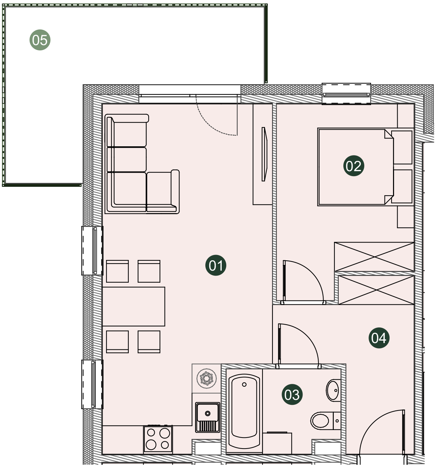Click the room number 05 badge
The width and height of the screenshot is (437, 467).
tap(40, 40)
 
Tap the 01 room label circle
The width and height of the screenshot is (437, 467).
tap(216, 265)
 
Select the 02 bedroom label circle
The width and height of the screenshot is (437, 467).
tap(354, 166)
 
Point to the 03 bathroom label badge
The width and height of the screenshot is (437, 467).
tap(292, 395)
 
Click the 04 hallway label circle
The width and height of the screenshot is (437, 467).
tap(379, 338)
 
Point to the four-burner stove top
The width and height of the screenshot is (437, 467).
tap(158, 439)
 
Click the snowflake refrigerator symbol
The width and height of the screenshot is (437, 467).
tap(206, 379)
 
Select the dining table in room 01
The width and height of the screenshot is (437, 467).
tap(134, 306)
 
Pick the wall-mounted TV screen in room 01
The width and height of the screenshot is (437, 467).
tap(264, 154)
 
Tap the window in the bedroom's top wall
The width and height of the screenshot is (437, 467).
tap(346, 94)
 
